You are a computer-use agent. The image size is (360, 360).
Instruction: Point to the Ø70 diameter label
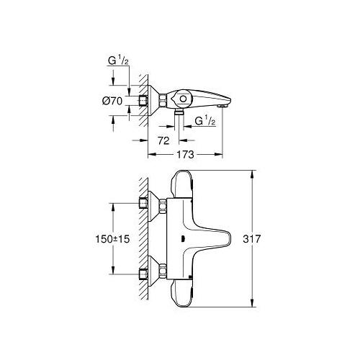click(x=112, y=100)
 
